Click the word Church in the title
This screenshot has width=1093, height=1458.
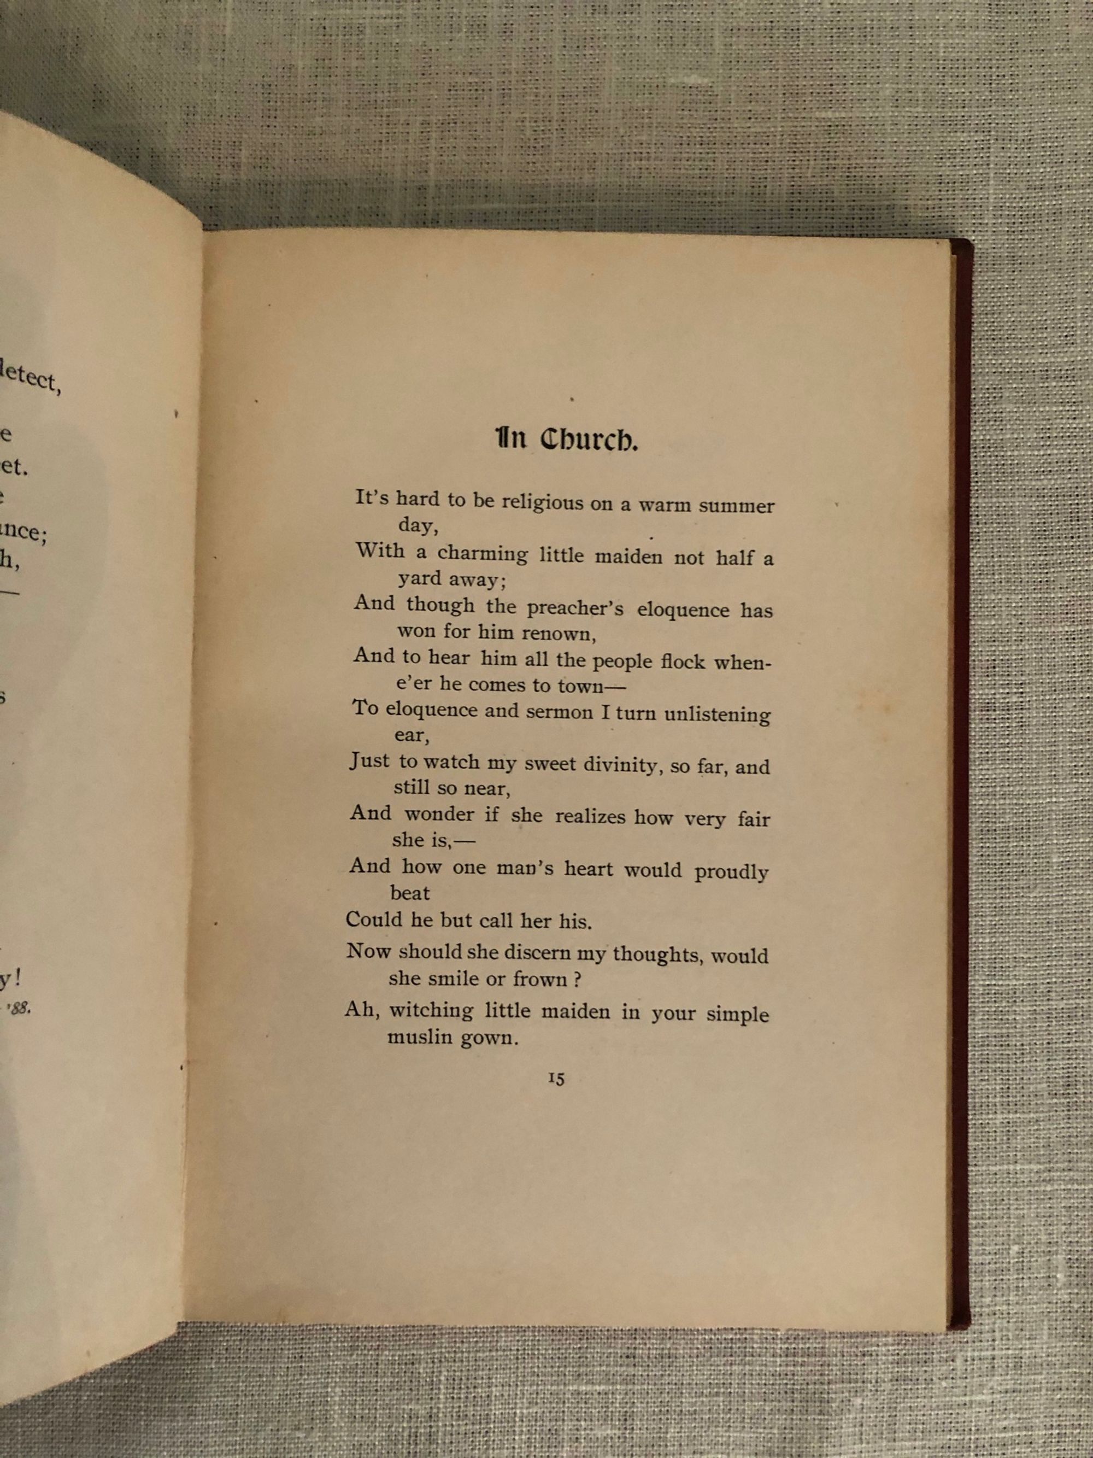[589, 440]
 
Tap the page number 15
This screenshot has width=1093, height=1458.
[555, 1079]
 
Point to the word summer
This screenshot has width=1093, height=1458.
[736, 506]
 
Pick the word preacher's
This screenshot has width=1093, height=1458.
[574, 608]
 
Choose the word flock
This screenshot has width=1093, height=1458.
[683, 661]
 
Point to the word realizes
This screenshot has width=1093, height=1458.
[590, 817]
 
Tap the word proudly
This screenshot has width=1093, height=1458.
[731, 871]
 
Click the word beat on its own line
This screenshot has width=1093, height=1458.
[410, 893]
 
